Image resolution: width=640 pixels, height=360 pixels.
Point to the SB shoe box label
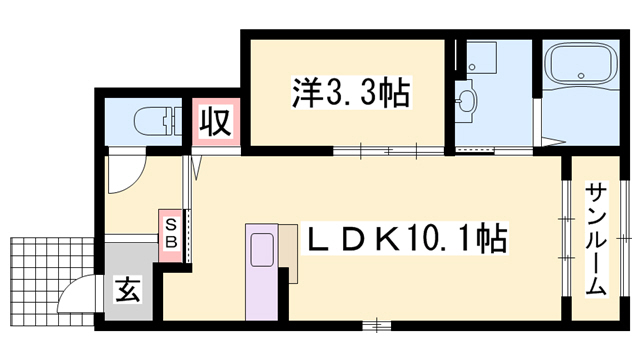click(170, 233)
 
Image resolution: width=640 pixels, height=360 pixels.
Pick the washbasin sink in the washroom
click(468, 100)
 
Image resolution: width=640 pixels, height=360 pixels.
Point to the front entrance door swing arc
click(76, 297)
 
